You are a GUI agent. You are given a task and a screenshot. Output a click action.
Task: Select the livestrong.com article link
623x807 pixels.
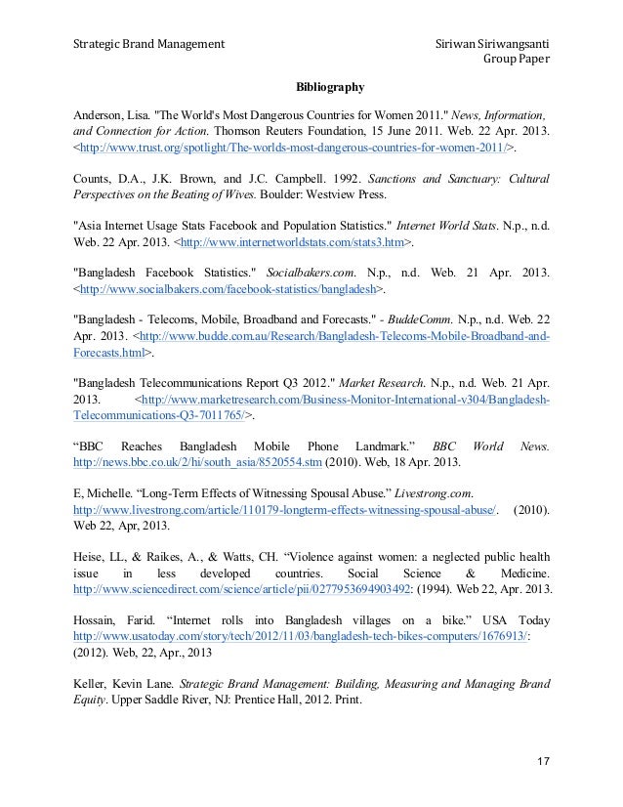click(x=286, y=509)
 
